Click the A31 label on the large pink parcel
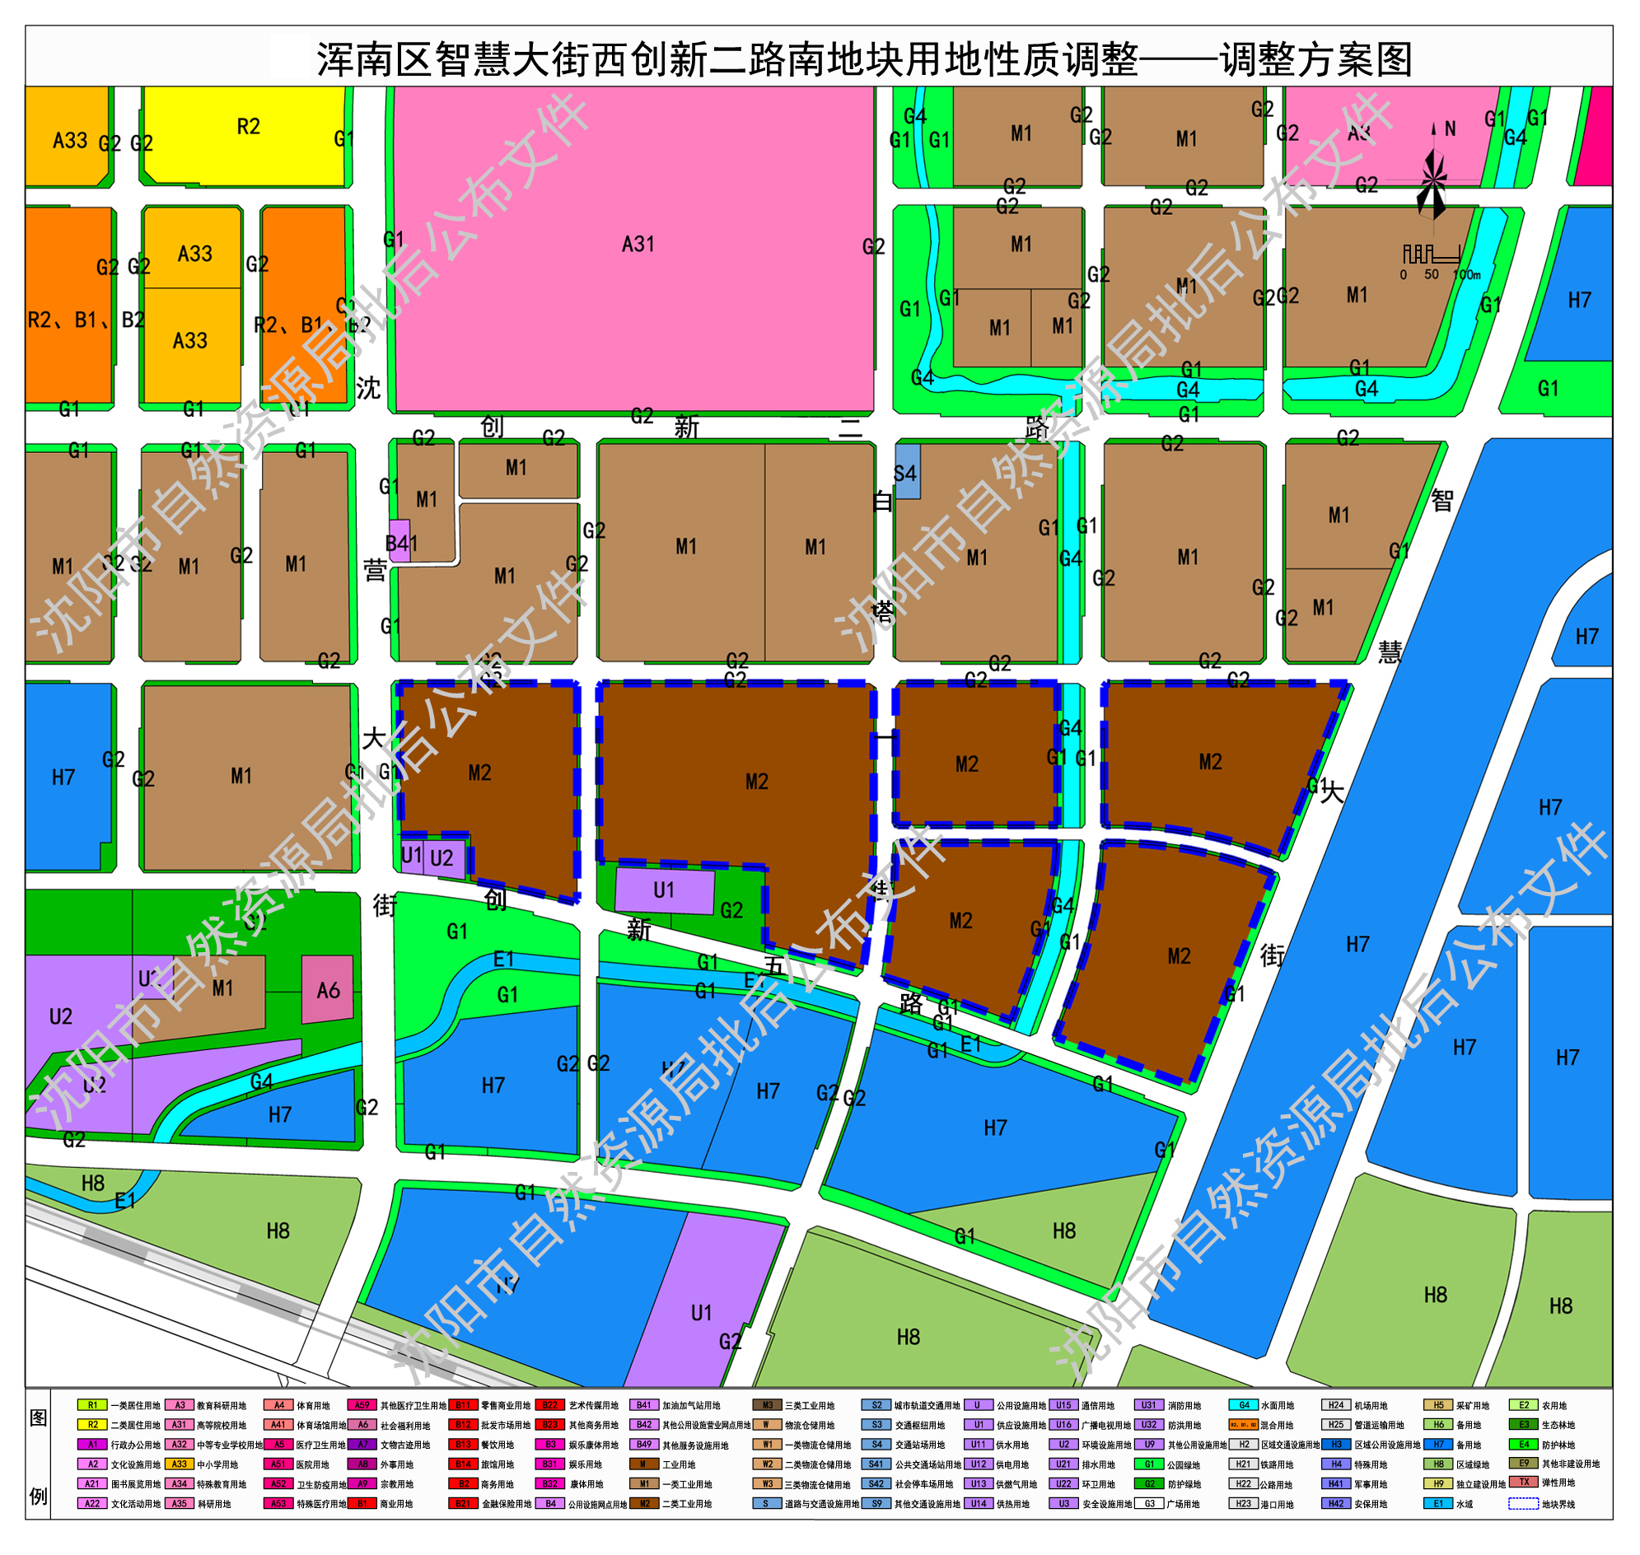638,245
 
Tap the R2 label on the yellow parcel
248,127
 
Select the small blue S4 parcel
907,472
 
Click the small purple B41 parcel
399,541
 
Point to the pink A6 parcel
328,990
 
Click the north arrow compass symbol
1433,178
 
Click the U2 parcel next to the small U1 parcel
443,859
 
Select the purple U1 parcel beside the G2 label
664,891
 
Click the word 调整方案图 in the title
1315,59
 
